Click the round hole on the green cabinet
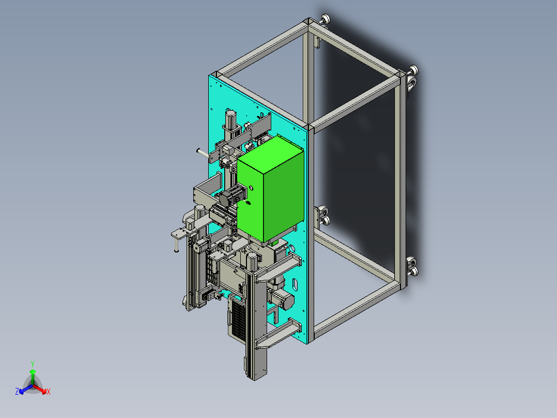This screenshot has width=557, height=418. pyautogui.click(x=252, y=187)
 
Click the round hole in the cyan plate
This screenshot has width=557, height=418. pyautogui.click(x=292, y=248)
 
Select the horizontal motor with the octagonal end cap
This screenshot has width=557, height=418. pyautogui.click(x=282, y=297)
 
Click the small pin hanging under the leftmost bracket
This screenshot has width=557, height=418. pyautogui.click(x=176, y=245)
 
